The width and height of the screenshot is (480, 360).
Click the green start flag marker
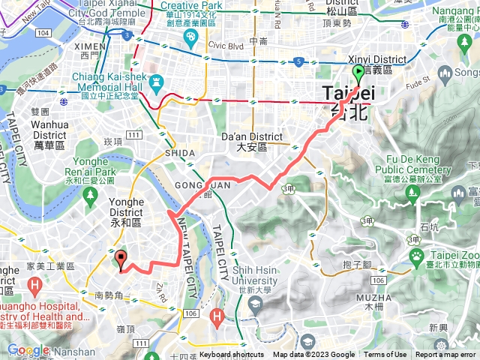pos(358,73)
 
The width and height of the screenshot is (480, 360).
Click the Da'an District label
pos(254,136)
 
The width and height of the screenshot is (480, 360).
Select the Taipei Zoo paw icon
pos(416,256)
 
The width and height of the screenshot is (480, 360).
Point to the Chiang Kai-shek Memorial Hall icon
pos(156,81)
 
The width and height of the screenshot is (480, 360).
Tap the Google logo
pos(28,349)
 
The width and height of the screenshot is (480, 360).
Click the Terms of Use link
pos(385,355)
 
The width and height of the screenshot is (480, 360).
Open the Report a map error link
pos(447,355)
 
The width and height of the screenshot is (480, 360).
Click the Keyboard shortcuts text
pos(232,355)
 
